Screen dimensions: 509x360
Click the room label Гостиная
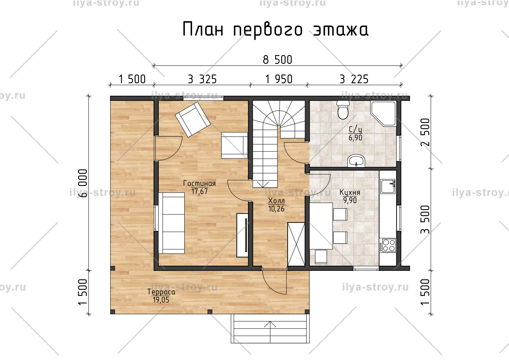(199, 184)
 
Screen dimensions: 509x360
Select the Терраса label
(161, 292)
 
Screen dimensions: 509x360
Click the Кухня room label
(350, 193)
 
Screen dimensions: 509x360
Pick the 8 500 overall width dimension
(277, 60)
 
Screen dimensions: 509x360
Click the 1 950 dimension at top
(278, 79)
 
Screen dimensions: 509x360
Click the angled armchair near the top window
(193, 119)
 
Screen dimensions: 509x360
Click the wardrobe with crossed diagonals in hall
(296, 244)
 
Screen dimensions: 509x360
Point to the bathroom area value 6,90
(355, 138)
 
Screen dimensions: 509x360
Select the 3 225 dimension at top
(354, 79)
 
